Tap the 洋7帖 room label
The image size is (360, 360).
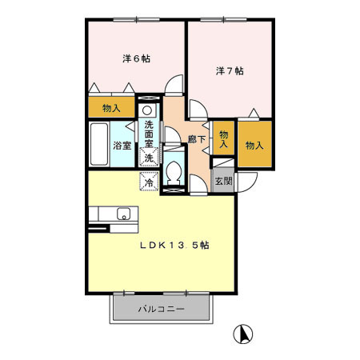tap(230, 70)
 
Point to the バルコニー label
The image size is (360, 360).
tap(160, 308)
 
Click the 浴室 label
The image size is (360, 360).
tap(122, 146)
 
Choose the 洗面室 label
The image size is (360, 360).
tap(150, 130)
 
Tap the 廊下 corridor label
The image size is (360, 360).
tap(196, 139)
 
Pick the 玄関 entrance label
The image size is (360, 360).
tap(223, 181)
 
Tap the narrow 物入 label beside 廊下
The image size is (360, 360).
tap(224, 139)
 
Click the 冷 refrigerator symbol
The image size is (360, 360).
tap(149, 182)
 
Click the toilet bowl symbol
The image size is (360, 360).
tap(174, 174)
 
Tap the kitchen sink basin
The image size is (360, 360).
tap(123, 213)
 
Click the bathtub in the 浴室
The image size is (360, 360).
tap(98, 145)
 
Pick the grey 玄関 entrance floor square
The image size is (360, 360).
tap(223, 181)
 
